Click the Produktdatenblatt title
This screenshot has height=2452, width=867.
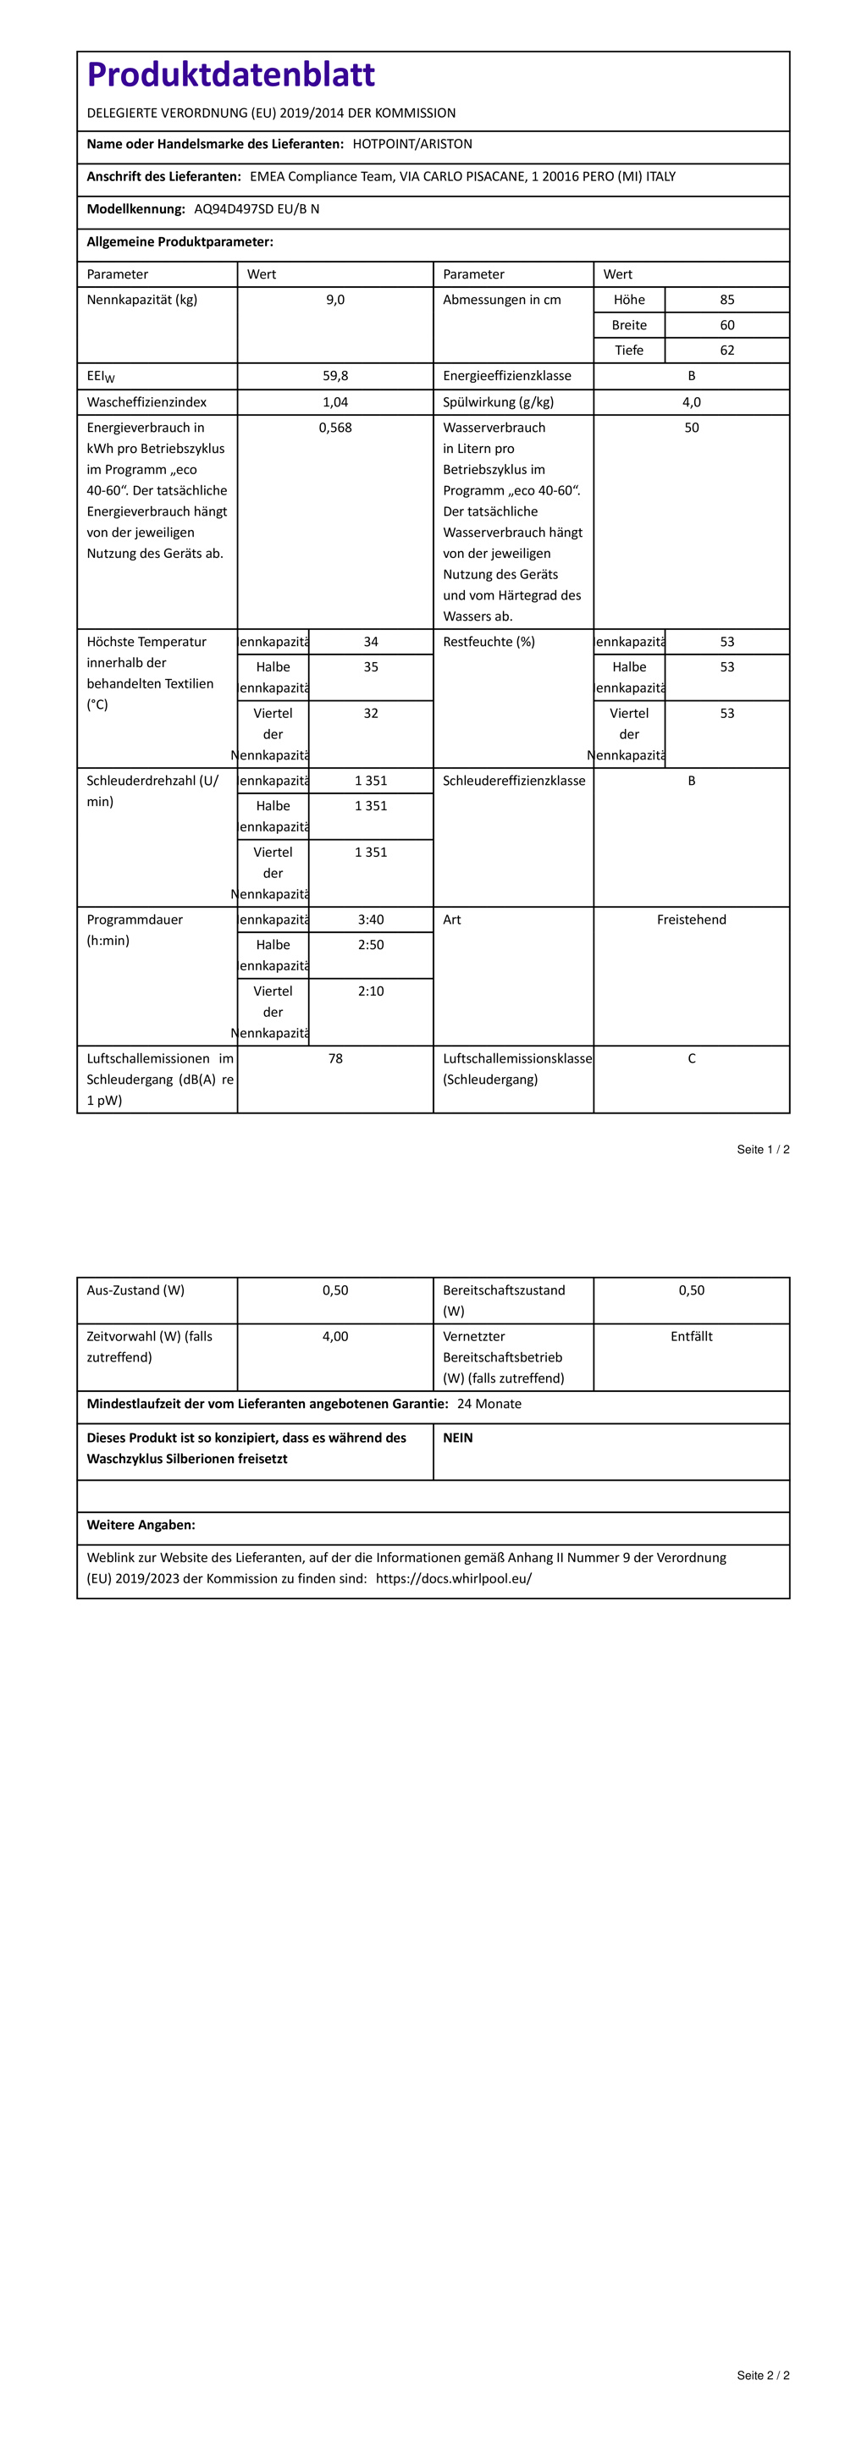(x=230, y=75)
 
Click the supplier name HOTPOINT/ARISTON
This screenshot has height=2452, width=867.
(x=412, y=145)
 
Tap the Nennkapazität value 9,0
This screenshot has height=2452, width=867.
(x=335, y=300)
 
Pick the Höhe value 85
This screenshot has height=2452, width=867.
(x=727, y=300)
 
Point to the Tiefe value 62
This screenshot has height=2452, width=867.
(x=727, y=351)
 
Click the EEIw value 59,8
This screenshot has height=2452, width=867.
(x=335, y=376)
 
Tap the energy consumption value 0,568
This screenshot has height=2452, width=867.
(x=335, y=428)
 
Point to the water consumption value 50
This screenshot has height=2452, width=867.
(x=692, y=428)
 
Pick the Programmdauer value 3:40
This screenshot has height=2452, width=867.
(x=371, y=920)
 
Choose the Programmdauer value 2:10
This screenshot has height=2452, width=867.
(x=371, y=991)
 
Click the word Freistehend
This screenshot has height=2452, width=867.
(x=692, y=920)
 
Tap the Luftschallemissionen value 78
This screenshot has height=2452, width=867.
(x=335, y=1059)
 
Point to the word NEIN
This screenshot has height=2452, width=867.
(x=458, y=1439)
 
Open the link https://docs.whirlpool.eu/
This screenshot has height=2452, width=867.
(x=454, y=1579)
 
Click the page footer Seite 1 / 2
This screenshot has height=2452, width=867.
(x=763, y=1150)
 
